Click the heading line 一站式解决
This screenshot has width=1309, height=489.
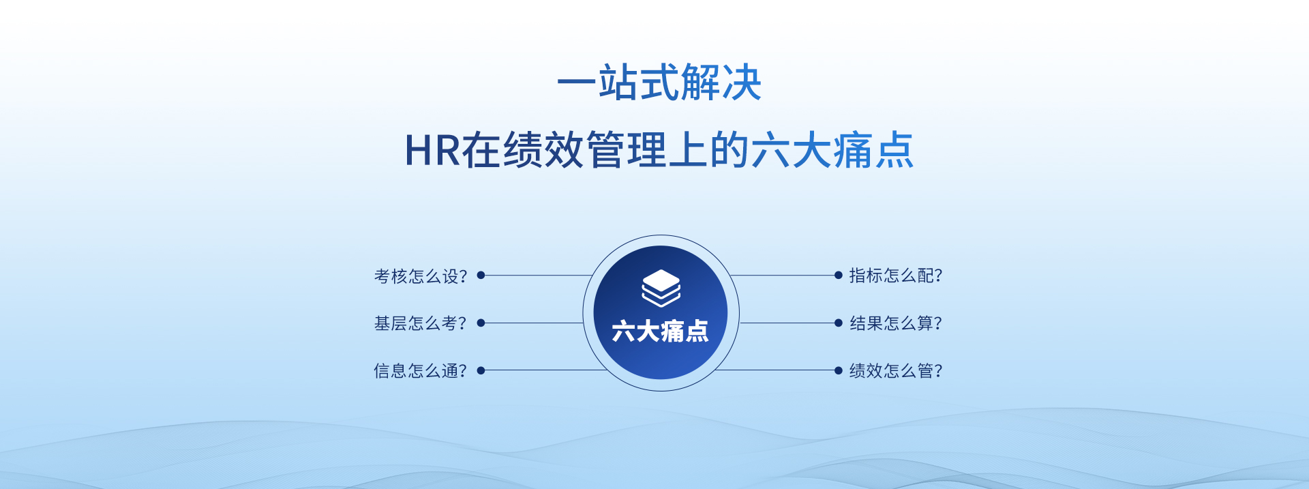tap(659, 83)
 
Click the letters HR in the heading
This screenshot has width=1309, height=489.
tap(432, 150)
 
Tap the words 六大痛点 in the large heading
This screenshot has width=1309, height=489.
tap(832, 150)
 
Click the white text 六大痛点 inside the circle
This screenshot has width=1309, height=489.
tap(660, 331)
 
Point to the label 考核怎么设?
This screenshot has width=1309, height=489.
tap(421, 276)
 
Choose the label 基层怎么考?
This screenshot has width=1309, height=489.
tap(421, 323)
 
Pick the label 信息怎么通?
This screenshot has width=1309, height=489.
tap(421, 370)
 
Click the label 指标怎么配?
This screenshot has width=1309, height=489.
tap(896, 276)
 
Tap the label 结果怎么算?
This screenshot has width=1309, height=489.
tap(896, 323)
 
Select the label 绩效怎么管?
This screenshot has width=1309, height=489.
tap(896, 370)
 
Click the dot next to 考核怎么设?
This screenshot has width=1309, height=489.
tap(481, 275)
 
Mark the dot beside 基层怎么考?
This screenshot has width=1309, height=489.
tap(481, 323)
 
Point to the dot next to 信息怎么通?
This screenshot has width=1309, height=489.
tap(481, 370)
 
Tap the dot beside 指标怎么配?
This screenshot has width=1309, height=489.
tap(839, 275)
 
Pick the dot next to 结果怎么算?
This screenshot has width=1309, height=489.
tap(839, 323)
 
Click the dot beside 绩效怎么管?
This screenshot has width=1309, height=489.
tap(839, 370)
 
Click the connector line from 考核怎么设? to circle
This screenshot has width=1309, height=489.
tap(537, 276)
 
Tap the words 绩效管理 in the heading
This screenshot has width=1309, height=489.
tap(585, 150)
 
